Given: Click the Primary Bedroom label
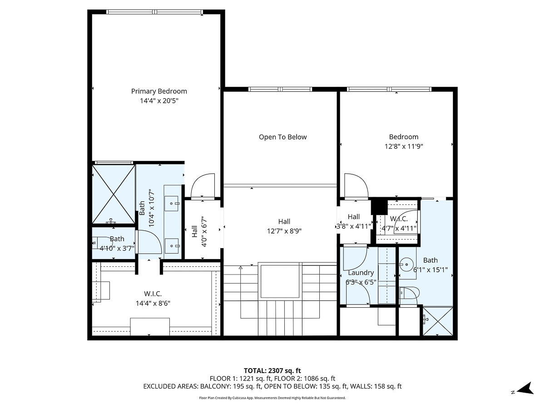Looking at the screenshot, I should [159, 91].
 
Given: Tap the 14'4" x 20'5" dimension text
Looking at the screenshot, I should [159, 101].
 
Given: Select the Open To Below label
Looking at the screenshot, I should [282, 137].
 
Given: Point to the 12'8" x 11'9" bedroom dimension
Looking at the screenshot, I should [403, 146].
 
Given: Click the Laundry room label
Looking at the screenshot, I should [361, 273].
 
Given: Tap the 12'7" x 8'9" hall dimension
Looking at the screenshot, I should [284, 231].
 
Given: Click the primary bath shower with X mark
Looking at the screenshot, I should [114, 194].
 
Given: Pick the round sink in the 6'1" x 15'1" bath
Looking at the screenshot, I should [407, 263].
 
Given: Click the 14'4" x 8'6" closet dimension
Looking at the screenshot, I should [153, 303].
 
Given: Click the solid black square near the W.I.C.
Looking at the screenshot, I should [378, 207].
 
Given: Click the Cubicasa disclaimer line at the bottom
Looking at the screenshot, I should [272, 398].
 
